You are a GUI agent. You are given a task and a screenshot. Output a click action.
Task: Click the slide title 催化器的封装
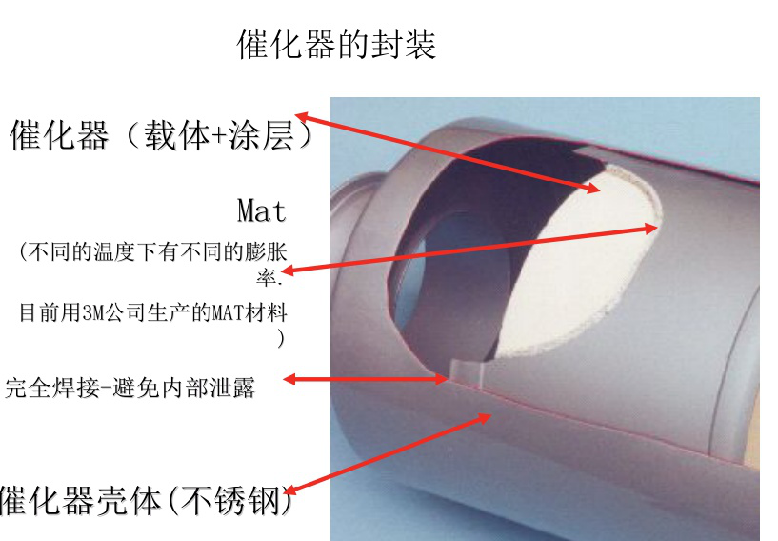click(336, 44)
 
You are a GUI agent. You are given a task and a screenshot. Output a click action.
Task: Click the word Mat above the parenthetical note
click(262, 210)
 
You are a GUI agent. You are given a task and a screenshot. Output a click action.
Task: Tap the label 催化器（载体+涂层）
click(162, 135)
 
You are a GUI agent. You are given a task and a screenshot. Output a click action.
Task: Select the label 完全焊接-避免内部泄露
click(130, 388)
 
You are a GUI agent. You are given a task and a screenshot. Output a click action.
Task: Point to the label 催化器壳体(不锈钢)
click(147, 500)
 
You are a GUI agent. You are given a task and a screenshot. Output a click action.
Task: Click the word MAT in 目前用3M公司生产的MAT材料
click(228, 312)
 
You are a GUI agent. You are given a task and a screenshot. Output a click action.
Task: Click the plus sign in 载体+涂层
click(219, 136)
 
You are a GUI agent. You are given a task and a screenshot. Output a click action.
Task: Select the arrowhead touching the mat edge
click(651, 229)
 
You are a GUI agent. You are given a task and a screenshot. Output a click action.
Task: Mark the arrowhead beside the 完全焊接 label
click(289, 380)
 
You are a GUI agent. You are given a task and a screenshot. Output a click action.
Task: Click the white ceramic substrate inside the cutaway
click(581, 268)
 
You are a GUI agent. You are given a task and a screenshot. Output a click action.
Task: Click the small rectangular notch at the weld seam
click(467, 372)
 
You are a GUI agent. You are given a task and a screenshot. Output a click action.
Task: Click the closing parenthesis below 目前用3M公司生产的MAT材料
click(281, 339)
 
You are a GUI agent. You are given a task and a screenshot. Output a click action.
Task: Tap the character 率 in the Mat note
click(267, 277)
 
